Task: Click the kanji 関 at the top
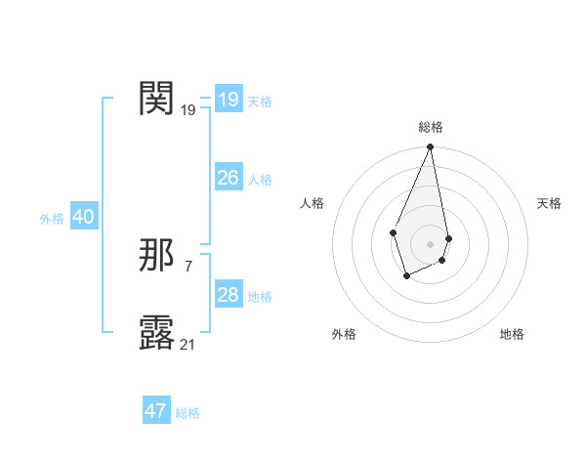point(157,98)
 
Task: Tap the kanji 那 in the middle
point(157,256)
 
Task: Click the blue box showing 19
point(228,99)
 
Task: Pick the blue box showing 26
point(228,177)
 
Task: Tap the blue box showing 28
point(228,295)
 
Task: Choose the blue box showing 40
point(83,217)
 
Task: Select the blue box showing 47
point(156,411)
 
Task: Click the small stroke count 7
point(188,266)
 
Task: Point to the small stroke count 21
point(188,344)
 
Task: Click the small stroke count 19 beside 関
point(188,110)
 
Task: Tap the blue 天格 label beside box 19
point(260,102)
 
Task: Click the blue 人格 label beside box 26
point(260,180)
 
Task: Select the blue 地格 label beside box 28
point(260,297)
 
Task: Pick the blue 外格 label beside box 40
point(52,219)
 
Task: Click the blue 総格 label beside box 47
point(188,413)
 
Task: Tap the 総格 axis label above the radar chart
point(430,127)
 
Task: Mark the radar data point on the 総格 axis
point(430,147)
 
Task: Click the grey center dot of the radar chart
point(430,243)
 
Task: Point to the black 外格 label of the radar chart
point(344,334)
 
